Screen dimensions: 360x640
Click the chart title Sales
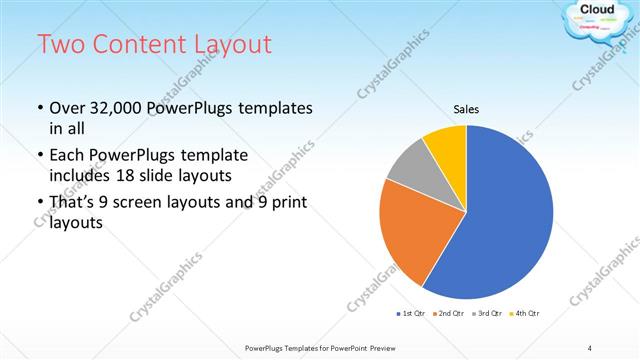[466, 109]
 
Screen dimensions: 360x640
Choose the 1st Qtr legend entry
[410, 313]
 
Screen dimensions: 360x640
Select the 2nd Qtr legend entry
[448, 313]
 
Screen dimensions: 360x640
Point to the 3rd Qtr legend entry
[486, 313]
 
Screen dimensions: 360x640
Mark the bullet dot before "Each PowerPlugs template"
[39, 156]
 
